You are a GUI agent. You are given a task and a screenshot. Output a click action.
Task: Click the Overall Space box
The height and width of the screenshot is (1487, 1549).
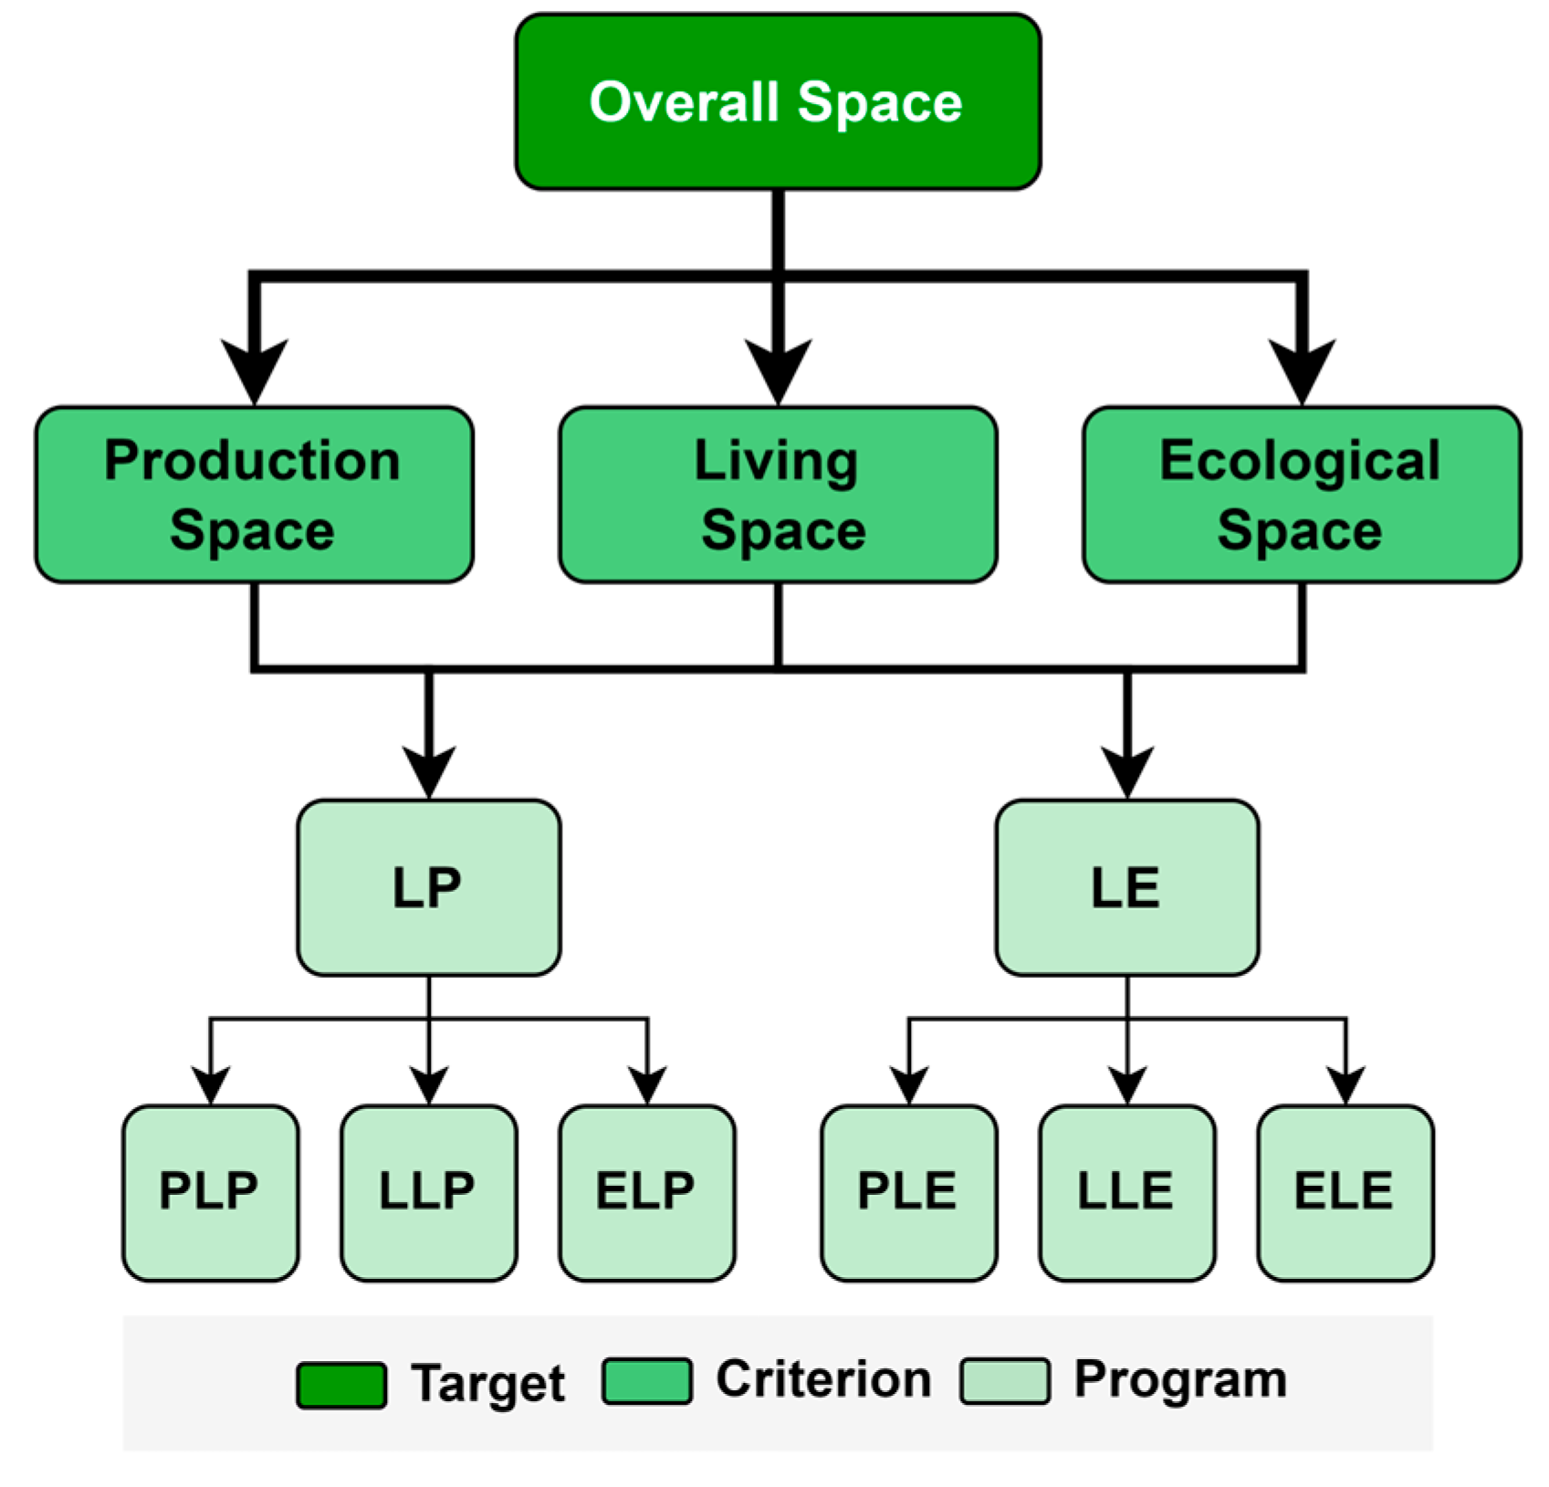click(778, 101)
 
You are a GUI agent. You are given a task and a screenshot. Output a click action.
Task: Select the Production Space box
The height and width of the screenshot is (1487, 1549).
click(254, 495)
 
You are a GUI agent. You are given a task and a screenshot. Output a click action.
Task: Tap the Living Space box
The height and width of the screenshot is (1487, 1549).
click(778, 495)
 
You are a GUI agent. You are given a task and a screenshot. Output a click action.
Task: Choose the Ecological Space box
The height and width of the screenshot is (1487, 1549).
click(1302, 495)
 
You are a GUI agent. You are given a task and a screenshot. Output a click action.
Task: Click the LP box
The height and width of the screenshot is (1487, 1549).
click(428, 887)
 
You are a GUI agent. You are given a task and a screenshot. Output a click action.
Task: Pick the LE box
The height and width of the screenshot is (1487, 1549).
click(1127, 887)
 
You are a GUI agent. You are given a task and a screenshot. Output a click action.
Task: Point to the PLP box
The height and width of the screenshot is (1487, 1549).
click(210, 1192)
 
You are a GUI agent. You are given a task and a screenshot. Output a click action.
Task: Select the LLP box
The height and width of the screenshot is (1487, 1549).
click(428, 1192)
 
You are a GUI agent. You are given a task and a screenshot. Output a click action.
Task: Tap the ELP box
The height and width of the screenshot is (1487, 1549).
click(647, 1192)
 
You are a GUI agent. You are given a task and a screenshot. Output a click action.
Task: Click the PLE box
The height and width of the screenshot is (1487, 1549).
click(908, 1192)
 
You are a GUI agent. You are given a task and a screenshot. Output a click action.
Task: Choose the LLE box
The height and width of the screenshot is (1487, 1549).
click(1126, 1192)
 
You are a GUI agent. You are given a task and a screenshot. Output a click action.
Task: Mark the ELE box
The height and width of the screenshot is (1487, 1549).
click(1345, 1192)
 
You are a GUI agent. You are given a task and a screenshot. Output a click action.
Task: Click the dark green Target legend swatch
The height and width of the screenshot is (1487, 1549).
click(341, 1385)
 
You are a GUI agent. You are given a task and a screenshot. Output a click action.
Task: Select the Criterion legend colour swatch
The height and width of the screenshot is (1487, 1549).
click(646, 1381)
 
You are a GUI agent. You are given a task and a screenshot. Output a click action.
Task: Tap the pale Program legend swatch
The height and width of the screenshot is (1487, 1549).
click(1004, 1381)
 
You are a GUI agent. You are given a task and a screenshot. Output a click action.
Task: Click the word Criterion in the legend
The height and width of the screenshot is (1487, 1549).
click(823, 1379)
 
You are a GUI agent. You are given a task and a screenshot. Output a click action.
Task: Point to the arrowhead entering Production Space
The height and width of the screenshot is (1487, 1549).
click(256, 370)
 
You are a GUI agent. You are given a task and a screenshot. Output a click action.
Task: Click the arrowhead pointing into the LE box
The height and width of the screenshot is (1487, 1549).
click(1127, 770)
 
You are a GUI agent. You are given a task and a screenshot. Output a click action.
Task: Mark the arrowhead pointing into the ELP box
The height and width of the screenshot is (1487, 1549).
click(647, 1084)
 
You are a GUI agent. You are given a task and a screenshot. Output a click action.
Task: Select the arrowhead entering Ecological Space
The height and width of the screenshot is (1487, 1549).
click(1303, 370)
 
